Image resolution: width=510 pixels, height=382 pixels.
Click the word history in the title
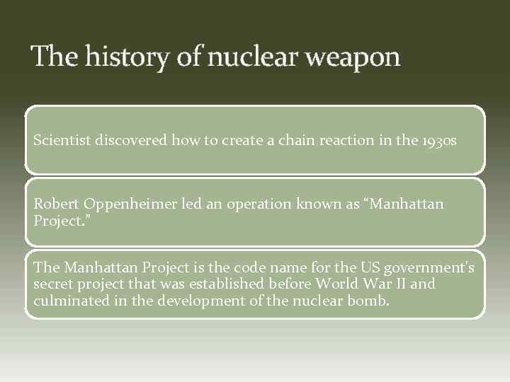(x=127, y=57)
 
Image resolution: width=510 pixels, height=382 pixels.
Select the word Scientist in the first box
(x=62, y=140)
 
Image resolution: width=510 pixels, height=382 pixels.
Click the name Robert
(x=55, y=204)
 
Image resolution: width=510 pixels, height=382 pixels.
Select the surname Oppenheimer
(x=125, y=204)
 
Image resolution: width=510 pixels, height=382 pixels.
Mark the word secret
(x=53, y=284)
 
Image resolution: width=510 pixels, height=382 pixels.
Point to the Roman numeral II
(x=380, y=284)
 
